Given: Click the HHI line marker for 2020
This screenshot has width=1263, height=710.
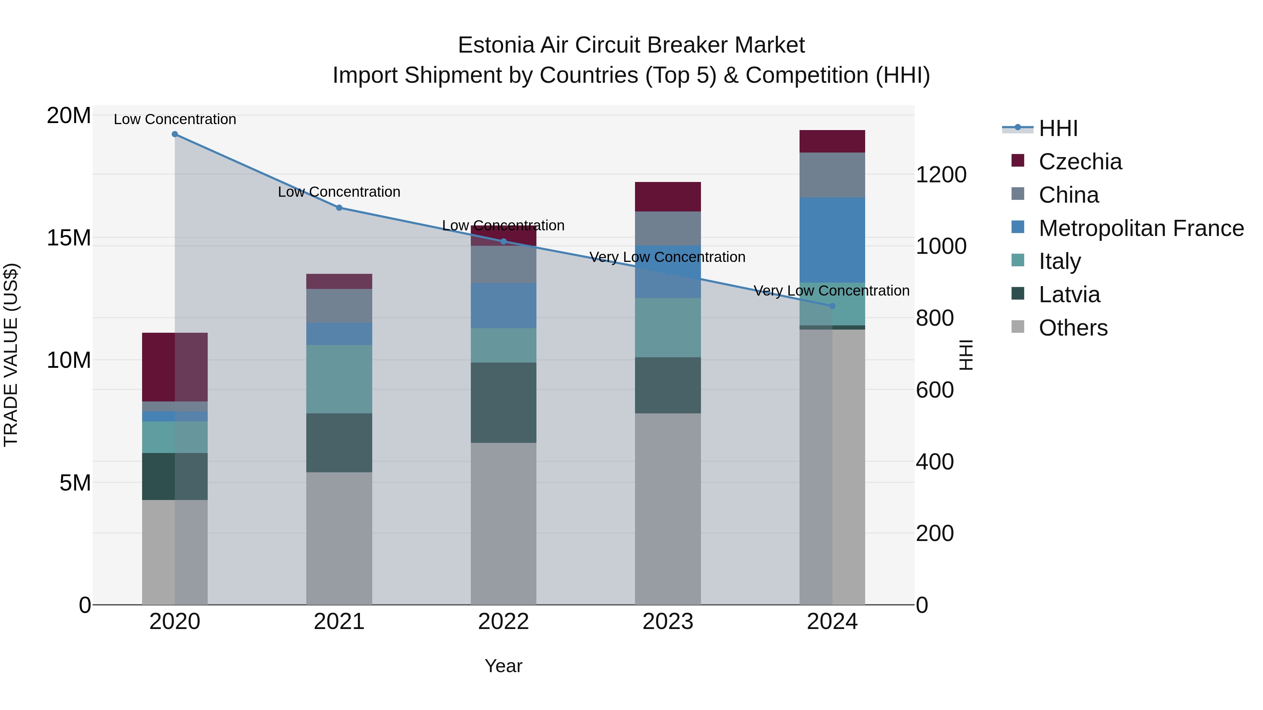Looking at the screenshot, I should (x=175, y=134).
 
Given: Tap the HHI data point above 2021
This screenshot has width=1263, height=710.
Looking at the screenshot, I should (x=339, y=208).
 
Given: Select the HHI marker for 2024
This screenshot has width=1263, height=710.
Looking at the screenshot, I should (x=832, y=306).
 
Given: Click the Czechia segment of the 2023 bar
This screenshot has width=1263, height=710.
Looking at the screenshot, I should (x=668, y=196).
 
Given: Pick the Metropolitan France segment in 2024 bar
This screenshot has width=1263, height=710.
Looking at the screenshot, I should (x=832, y=240).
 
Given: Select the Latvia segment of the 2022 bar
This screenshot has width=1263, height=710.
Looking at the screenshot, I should (x=503, y=403).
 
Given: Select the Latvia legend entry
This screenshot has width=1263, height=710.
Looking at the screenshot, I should (x=1069, y=295).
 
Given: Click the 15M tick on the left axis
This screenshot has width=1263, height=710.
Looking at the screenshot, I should (x=69, y=238).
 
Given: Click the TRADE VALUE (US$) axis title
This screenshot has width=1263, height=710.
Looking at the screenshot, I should (x=11, y=355).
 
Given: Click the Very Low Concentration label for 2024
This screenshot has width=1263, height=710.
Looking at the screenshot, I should (x=831, y=291).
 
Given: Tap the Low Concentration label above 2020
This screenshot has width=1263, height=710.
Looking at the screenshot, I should (x=175, y=120).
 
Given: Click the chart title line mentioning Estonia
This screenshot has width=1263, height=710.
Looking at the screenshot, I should (x=631, y=45).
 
